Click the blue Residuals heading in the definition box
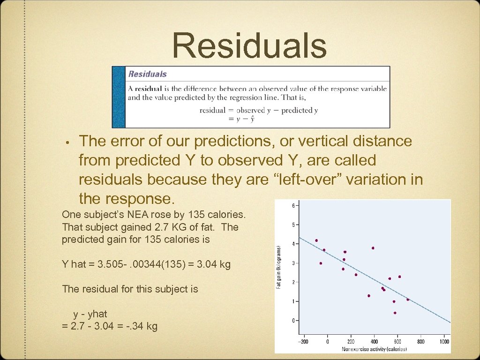point(148,74)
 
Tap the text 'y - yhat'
point(90,314)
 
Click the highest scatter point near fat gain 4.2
point(316,240)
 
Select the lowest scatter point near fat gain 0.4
point(395,313)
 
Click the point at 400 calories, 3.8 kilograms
point(373,248)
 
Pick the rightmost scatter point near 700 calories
point(408,299)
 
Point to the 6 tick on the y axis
point(293,205)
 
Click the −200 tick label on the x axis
point(304,342)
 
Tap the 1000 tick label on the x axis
point(444,342)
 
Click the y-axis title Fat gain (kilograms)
point(280,267)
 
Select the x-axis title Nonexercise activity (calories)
point(374,349)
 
